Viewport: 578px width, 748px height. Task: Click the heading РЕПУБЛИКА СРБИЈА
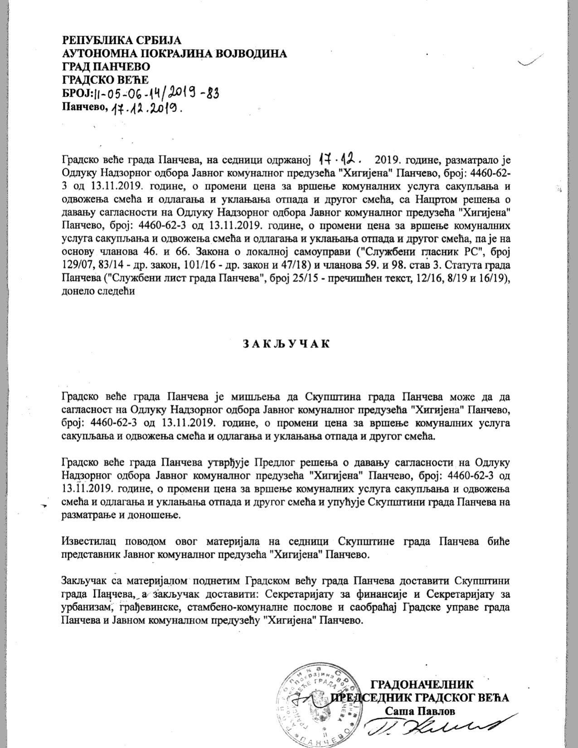[121, 40]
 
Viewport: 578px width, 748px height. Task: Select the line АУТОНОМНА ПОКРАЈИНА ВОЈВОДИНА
[175, 53]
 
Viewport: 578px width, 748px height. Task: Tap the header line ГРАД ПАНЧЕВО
[106, 67]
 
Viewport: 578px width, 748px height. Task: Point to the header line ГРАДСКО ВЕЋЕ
[105, 80]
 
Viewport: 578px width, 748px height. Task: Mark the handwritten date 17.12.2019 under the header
[147, 108]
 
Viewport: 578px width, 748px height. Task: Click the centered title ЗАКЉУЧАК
[286, 343]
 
